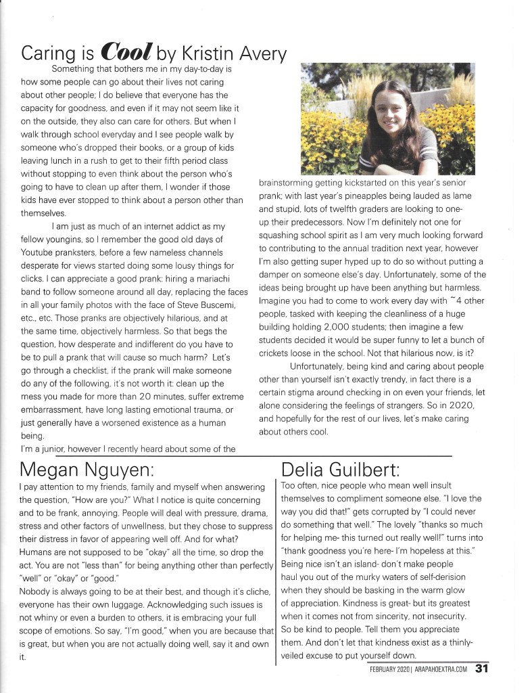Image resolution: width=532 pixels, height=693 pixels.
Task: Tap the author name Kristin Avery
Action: (230, 53)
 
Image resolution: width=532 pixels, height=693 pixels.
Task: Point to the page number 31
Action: (481, 670)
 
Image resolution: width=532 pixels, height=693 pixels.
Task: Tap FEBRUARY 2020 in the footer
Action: (387, 671)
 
